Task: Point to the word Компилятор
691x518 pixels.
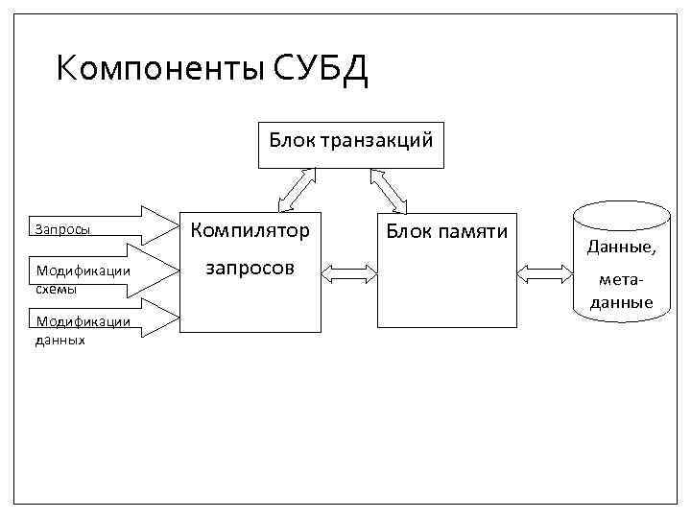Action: pos(250,230)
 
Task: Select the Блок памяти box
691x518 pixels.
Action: pos(446,271)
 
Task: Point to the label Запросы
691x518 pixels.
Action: pos(63,230)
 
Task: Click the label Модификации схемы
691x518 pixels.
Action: pos(82,278)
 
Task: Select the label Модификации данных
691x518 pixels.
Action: pos(82,329)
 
